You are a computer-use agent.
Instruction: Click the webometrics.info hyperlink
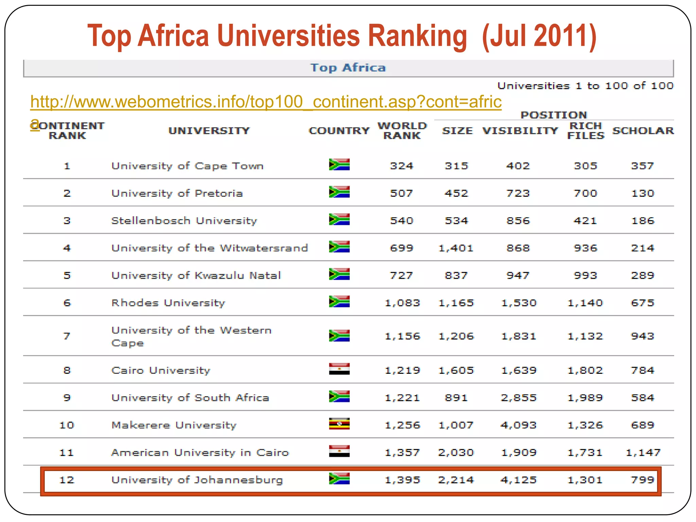[266, 102]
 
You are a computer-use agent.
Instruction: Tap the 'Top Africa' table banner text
[348, 68]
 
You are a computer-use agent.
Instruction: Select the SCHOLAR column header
[643, 130]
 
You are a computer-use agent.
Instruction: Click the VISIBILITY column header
[520, 130]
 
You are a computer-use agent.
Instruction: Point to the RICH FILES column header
[586, 130]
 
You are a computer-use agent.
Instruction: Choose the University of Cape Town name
[187, 166]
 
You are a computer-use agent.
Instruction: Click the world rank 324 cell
[401, 166]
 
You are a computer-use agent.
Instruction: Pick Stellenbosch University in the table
[184, 221]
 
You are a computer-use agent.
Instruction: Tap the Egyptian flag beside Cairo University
[339, 369]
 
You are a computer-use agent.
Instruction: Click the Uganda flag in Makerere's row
[339, 424]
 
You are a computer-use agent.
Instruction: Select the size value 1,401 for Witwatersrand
[456, 248]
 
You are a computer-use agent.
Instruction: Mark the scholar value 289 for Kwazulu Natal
[642, 275]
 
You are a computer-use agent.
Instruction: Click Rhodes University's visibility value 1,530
[519, 303]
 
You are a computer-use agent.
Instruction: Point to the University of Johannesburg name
[197, 480]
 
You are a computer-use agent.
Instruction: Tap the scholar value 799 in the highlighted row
[642, 480]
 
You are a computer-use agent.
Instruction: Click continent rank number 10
[67, 425]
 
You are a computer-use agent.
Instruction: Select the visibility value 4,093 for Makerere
[519, 425]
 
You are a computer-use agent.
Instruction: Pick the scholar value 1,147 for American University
[643, 452]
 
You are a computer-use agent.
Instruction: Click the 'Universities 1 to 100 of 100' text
[585, 86]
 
